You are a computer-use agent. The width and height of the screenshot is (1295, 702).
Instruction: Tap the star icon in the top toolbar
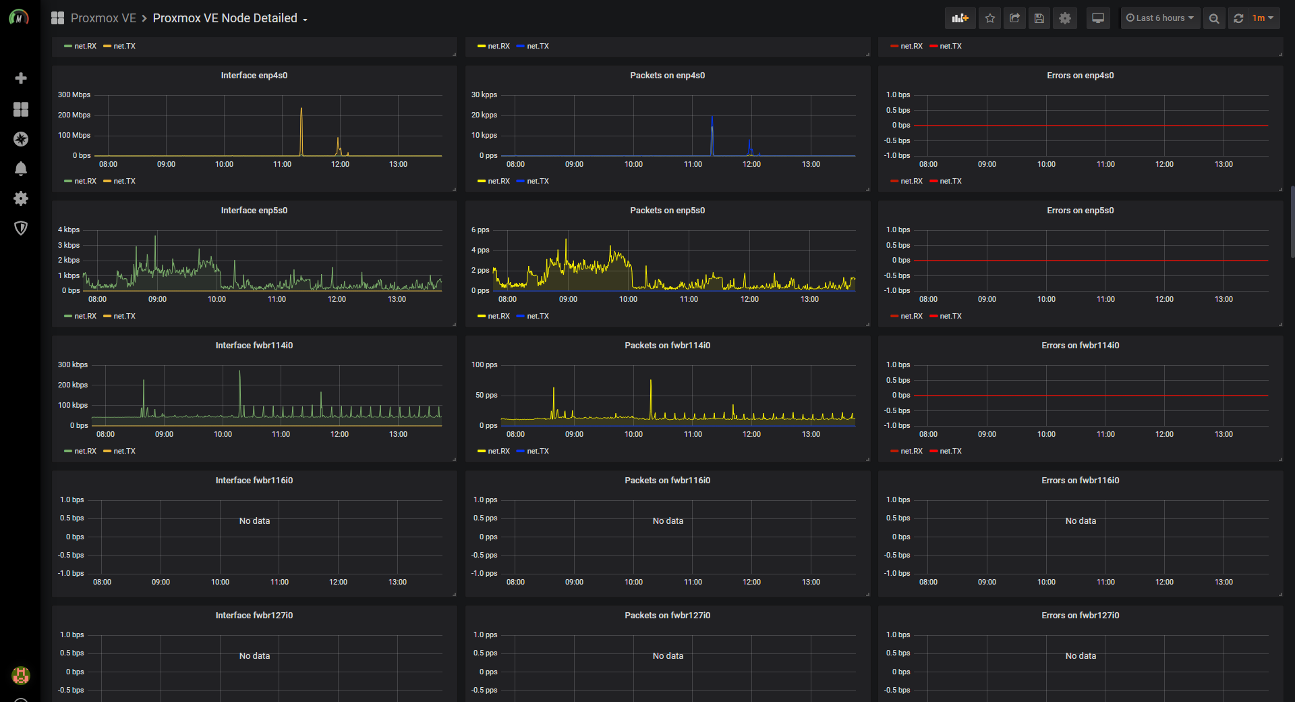click(989, 18)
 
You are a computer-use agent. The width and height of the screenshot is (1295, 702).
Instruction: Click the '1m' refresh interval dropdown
click(1262, 18)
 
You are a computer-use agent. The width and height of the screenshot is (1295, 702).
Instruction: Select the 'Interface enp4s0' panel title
click(254, 76)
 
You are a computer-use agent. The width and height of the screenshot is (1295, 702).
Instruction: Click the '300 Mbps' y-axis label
click(74, 95)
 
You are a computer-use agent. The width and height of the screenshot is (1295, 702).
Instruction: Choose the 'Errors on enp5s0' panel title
click(1080, 211)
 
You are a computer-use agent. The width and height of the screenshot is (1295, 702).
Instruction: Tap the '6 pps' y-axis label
click(480, 230)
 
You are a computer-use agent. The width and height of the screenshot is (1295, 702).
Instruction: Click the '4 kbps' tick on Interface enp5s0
click(69, 230)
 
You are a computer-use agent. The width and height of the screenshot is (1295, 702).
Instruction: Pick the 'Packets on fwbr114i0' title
click(667, 346)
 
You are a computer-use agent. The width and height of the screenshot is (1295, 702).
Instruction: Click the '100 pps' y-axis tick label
click(484, 365)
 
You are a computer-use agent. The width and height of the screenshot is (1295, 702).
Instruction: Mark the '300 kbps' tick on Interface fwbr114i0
click(73, 365)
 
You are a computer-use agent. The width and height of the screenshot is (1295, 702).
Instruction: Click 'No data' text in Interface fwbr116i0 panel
click(254, 521)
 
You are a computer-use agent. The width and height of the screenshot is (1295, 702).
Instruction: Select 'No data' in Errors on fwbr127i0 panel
click(1081, 656)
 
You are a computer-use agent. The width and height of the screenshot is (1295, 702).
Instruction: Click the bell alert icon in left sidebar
click(21, 169)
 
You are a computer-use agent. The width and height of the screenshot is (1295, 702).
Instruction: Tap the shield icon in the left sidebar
click(21, 228)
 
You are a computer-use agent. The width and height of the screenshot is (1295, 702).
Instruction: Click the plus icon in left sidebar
click(21, 78)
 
